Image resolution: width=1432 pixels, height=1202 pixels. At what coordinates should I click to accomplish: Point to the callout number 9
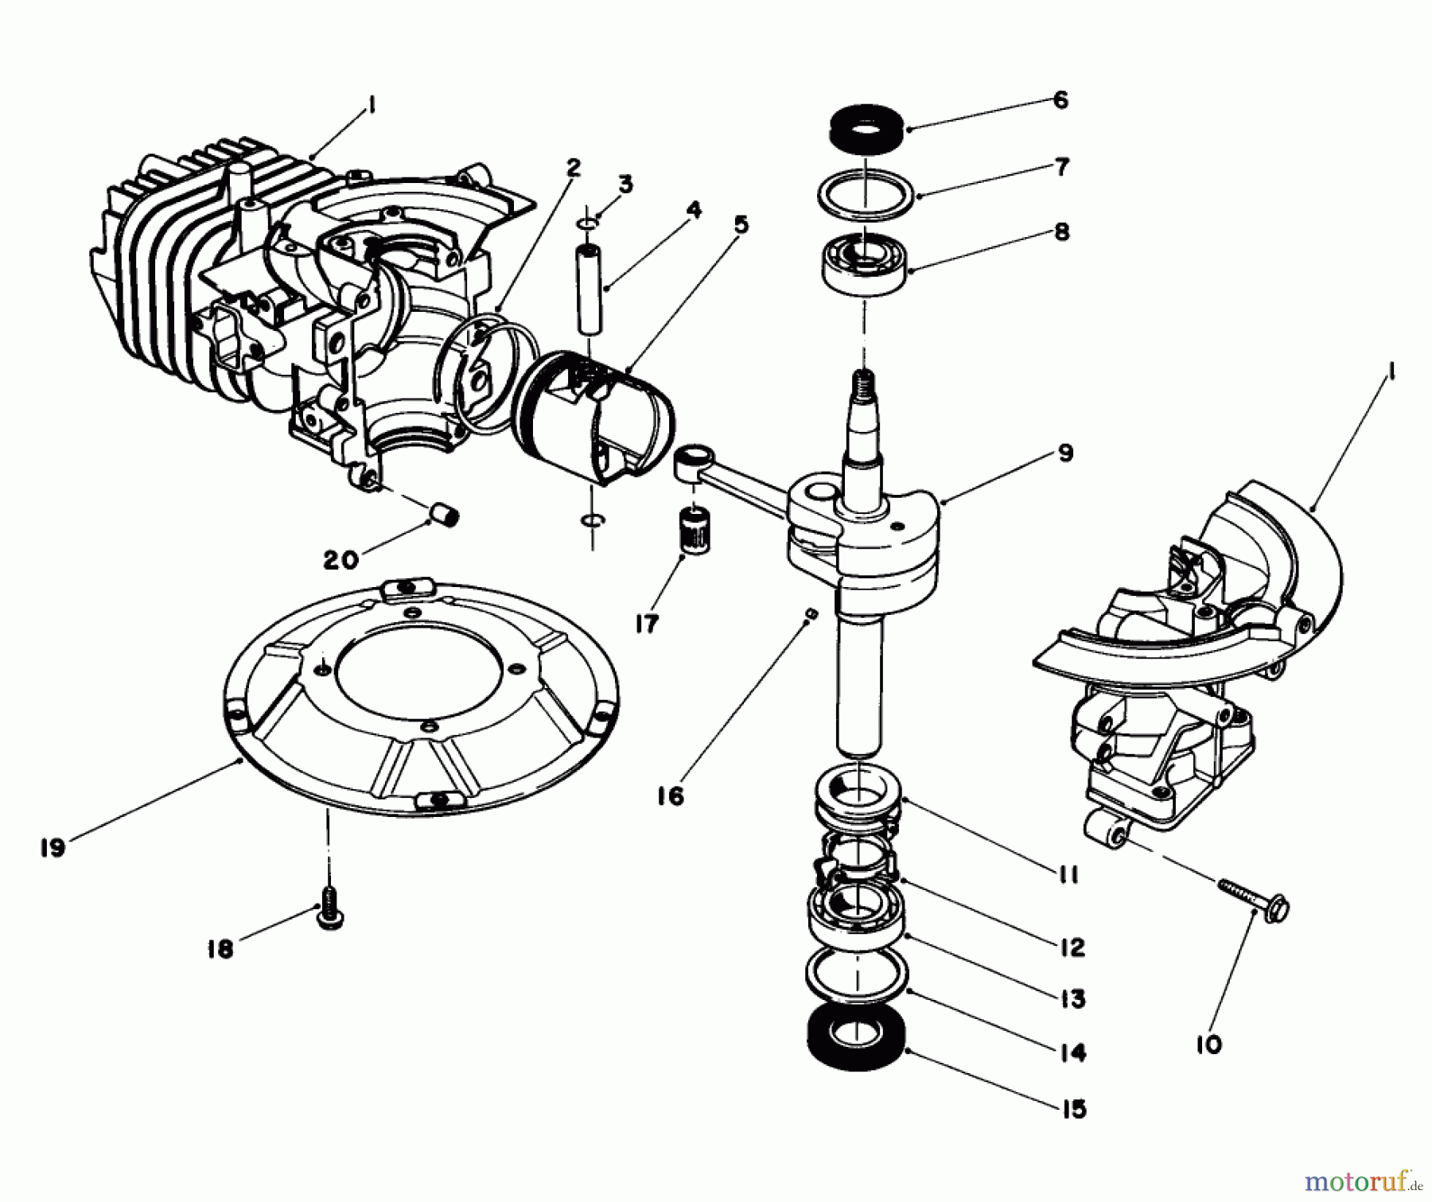(1065, 453)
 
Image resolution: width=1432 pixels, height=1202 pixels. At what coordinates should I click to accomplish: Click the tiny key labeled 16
(810, 612)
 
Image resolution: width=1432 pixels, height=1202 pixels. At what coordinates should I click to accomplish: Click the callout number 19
(53, 848)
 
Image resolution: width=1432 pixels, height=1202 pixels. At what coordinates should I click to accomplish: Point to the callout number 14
(1072, 1052)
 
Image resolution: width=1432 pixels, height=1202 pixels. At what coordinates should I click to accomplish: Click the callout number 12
(1072, 947)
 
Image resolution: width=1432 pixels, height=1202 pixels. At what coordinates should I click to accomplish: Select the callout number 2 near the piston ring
(573, 168)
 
